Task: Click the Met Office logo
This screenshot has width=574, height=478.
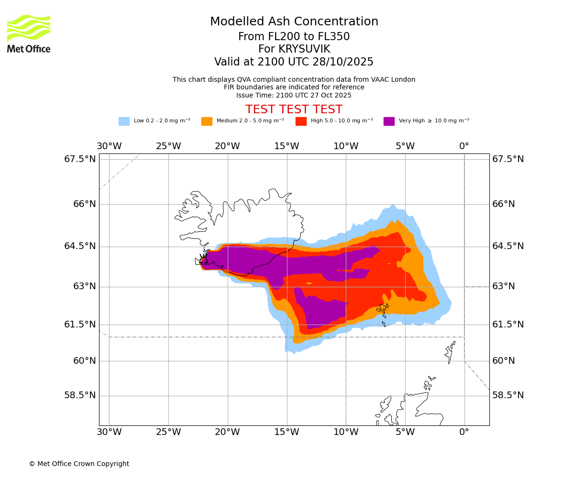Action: (x=29, y=33)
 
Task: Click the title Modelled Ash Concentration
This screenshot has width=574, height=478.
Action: (x=294, y=22)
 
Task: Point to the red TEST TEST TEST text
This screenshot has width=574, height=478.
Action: (x=294, y=110)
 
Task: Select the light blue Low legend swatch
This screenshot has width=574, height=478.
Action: (x=124, y=121)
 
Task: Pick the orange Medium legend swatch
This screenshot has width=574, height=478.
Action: (x=207, y=121)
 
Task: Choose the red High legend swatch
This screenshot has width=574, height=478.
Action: (x=301, y=121)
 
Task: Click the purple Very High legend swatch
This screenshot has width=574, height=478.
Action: (x=389, y=121)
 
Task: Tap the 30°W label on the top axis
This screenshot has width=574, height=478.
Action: (x=109, y=146)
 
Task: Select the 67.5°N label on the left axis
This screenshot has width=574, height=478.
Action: (x=80, y=159)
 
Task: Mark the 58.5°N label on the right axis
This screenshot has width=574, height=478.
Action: (x=508, y=395)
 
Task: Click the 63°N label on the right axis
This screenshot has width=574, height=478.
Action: (x=504, y=286)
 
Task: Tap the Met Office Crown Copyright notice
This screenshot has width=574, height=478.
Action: (x=79, y=464)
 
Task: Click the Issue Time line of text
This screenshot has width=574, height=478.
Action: (x=294, y=96)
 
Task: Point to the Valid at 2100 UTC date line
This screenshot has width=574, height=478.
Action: (x=294, y=62)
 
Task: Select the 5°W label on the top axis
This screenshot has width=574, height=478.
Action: (x=405, y=146)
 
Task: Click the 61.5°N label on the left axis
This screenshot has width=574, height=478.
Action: (x=80, y=325)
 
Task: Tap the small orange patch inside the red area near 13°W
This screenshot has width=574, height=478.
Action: (x=309, y=283)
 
